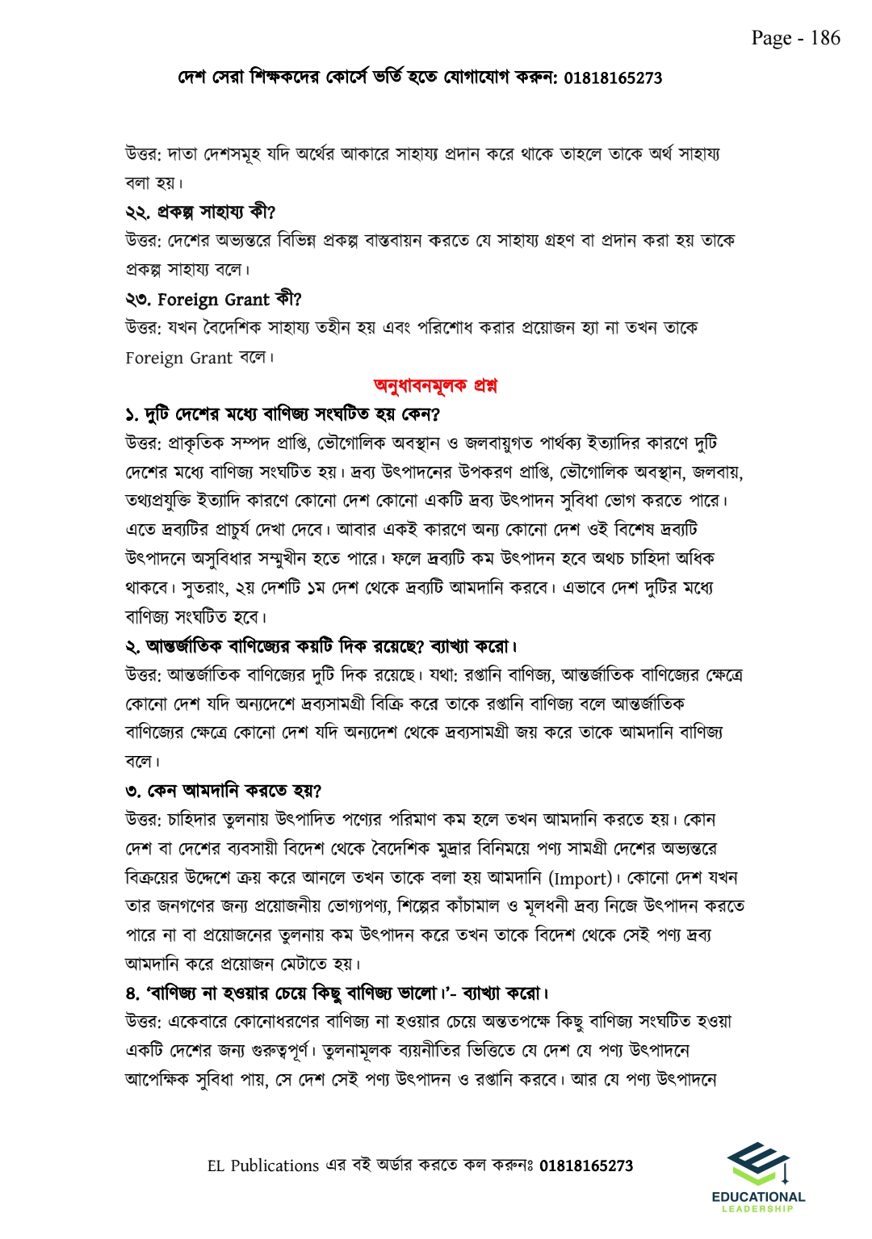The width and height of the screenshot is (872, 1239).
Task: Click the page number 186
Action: tap(825, 38)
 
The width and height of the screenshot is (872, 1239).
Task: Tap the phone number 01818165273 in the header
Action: tap(612, 78)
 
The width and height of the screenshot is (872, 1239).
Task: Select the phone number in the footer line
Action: tap(585, 1165)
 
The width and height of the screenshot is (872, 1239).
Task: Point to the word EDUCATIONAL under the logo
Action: tap(758, 1197)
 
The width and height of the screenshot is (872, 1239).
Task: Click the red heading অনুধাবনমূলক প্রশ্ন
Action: tap(435, 385)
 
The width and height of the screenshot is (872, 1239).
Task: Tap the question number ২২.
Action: tap(136, 212)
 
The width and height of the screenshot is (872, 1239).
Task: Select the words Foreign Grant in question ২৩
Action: tap(213, 300)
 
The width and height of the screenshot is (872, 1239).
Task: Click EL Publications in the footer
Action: tap(263, 1165)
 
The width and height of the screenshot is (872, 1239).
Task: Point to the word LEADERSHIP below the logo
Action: tap(757, 1209)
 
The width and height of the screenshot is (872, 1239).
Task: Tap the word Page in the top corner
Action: tap(771, 38)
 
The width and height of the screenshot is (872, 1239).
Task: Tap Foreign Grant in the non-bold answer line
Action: tap(178, 358)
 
